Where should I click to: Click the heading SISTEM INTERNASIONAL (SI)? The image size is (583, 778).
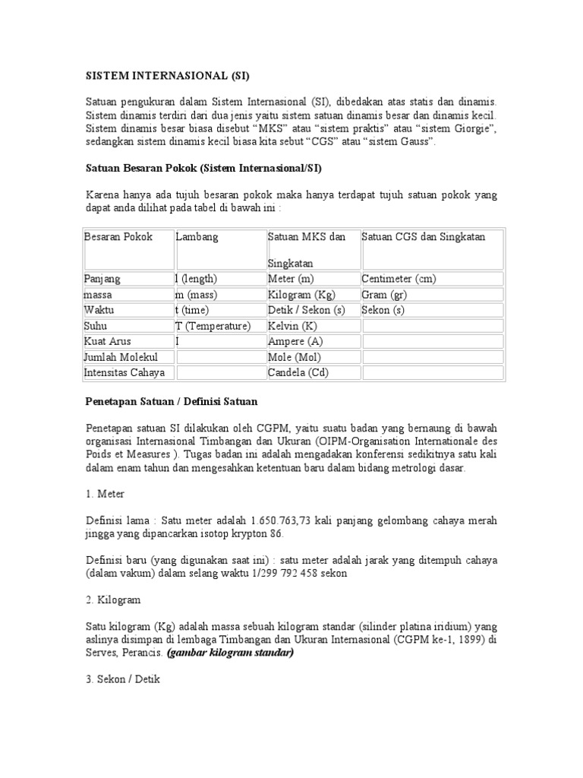tap(166, 77)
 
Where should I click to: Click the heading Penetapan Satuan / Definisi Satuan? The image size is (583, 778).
tap(175, 400)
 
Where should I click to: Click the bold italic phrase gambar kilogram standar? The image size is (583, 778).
tap(231, 653)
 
